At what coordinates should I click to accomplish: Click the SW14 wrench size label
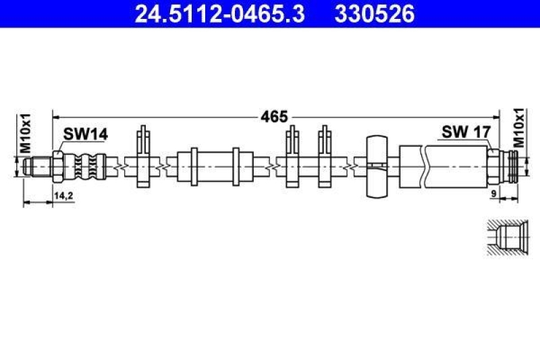coord(86,134)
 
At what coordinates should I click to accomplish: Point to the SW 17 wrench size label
coord(465,132)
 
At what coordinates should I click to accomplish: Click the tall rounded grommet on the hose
coord(377,165)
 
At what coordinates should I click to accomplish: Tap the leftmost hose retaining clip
coord(143,157)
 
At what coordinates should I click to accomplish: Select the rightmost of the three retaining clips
coord(325,157)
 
